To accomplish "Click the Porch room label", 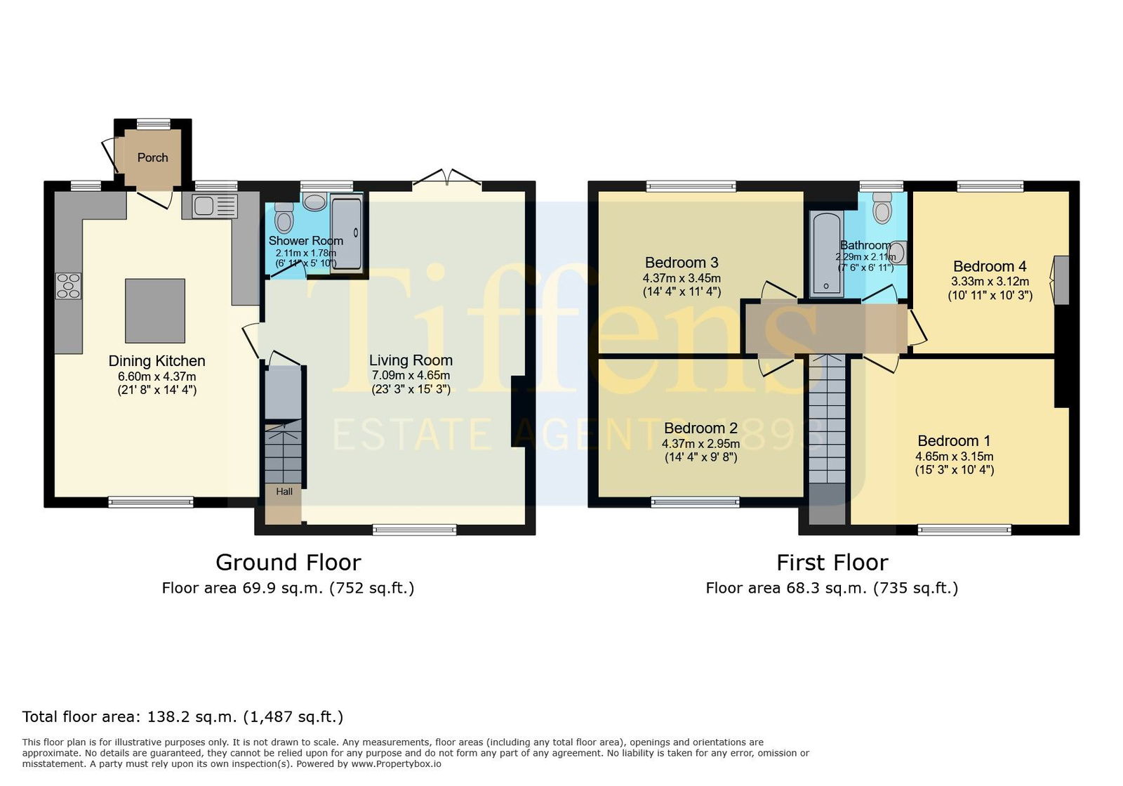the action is point(152,157).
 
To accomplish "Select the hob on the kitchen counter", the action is point(68,285).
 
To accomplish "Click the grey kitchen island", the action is point(155,310).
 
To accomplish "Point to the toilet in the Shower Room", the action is point(284,218).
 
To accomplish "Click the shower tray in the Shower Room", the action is point(346,234).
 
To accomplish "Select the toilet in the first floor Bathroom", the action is point(882,208).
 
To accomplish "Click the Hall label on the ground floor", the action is point(284,492).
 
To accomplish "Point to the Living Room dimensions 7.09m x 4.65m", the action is point(411,375).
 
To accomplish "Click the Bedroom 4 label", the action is point(990,266).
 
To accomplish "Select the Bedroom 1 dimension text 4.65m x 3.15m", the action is point(954,457).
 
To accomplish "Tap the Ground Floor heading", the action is point(288,563).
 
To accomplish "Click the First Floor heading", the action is point(832,563).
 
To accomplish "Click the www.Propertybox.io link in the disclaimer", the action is point(396,764).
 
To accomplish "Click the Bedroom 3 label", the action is point(682,262).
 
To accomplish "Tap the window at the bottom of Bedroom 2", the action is point(696,502).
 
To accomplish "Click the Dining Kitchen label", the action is point(157,360).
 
